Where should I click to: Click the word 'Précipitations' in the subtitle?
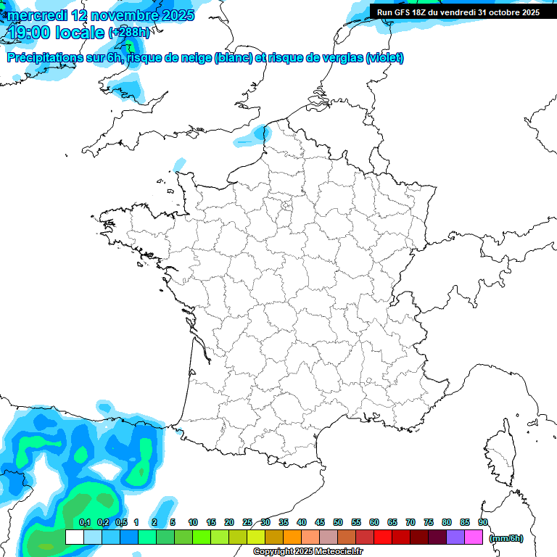pos(45,58)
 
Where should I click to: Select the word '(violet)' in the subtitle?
pos(384,58)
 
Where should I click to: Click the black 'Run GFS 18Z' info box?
pos(458,12)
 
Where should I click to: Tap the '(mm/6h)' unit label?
pos(506,538)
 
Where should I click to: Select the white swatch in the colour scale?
pos(74,537)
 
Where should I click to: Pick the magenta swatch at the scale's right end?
pos(474,537)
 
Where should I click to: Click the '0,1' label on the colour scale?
pos(84,523)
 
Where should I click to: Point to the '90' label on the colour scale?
pos(482,523)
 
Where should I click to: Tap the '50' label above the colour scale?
pos(338,523)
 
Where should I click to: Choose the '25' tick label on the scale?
pos(247,523)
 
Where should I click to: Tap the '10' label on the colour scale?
pos(193,523)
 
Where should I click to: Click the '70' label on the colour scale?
pos(410,523)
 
